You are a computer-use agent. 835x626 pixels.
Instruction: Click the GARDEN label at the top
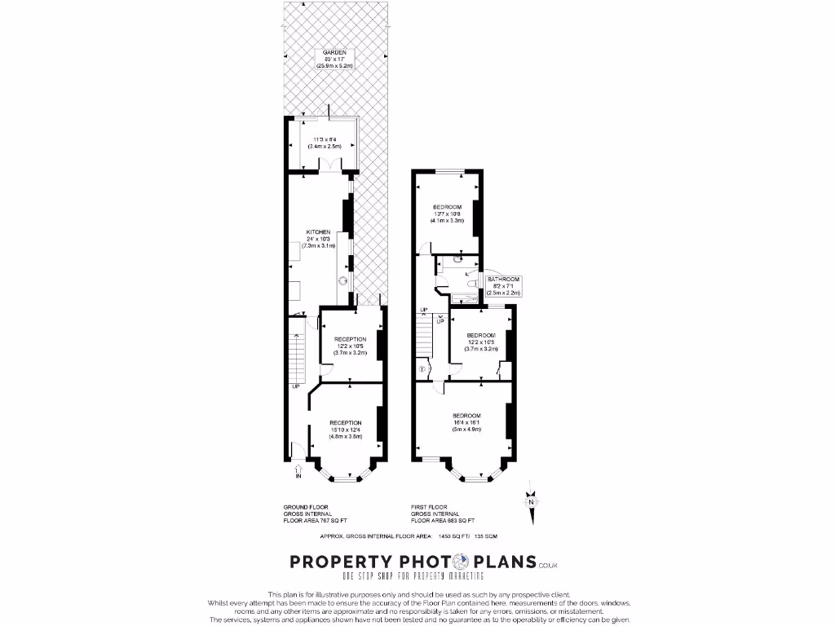(x=334, y=52)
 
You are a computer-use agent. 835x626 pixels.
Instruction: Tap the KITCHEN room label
(x=317, y=231)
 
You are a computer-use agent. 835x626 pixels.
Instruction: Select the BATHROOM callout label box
(x=501, y=285)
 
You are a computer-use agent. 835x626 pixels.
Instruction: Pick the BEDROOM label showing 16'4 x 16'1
(x=467, y=416)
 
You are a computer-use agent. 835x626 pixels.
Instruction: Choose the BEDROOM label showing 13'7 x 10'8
(x=447, y=206)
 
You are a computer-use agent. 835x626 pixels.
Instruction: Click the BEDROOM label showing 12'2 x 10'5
(x=480, y=336)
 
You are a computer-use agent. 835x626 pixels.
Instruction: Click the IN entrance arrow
(x=298, y=470)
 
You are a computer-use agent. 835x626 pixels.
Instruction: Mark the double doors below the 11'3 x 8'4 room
(x=328, y=165)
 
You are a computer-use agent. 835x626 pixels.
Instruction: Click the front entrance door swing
(x=298, y=450)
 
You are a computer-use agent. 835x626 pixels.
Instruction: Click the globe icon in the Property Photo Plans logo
(x=461, y=562)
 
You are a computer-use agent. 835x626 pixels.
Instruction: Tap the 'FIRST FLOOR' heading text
(x=427, y=507)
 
